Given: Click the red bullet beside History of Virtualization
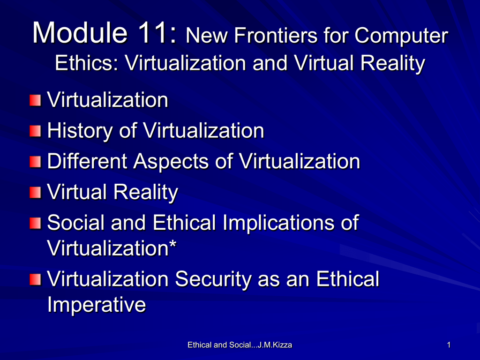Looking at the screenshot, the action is (x=35, y=131).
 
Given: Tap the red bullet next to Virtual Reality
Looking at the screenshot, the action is (x=35, y=193).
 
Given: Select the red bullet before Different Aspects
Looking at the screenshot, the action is (x=35, y=162).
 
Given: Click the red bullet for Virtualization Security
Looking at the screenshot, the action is (x=35, y=279).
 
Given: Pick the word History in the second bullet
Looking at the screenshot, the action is (x=80, y=132).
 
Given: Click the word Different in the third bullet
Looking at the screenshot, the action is (x=87, y=161).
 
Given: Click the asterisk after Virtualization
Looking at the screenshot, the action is (x=172, y=244).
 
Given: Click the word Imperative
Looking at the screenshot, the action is (x=97, y=306).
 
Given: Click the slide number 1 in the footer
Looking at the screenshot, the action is (x=449, y=345).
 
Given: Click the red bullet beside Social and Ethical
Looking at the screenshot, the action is (x=35, y=223).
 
